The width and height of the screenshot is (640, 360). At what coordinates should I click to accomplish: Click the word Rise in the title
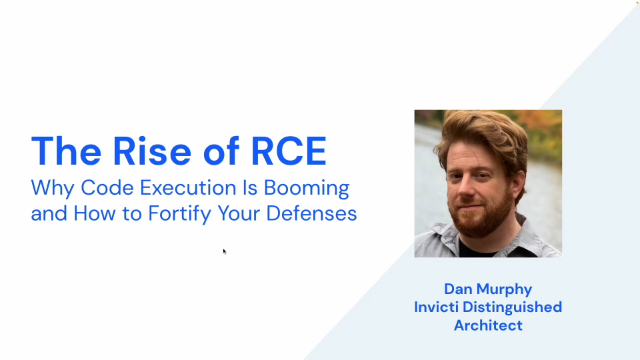pos(150,150)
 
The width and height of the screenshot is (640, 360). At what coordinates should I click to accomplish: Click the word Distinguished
pos(515,307)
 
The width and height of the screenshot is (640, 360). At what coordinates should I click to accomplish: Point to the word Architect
pos(488,325)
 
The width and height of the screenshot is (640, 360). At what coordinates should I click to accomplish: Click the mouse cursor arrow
pos(224,251)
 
